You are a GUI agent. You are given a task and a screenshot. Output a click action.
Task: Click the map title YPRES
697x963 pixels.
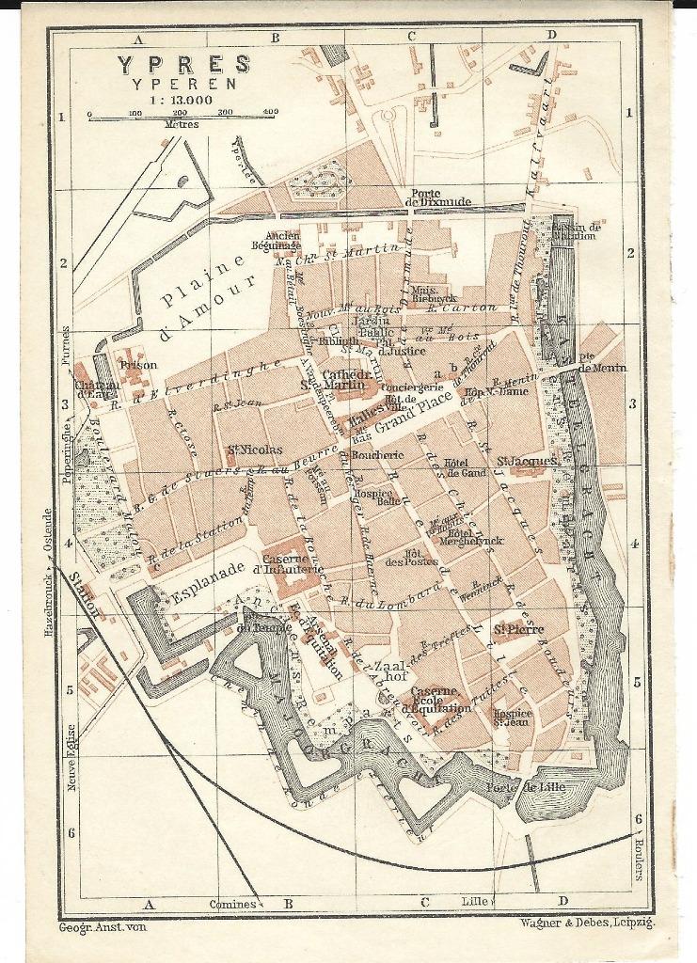[184, 65]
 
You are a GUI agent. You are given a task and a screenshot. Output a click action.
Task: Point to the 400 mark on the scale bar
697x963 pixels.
[270, 112]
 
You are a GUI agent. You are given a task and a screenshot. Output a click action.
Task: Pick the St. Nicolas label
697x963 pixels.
[254, 450]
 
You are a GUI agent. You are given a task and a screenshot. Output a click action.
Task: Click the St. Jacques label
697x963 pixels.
[528, 461]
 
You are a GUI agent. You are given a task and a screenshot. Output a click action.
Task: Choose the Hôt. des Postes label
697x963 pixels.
[422, 558]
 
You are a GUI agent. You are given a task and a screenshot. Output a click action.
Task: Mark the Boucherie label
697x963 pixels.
[377, 455]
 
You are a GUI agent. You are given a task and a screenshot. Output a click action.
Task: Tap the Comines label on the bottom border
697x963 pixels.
[232, 904]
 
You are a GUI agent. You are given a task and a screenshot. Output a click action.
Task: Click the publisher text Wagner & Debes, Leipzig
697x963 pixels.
[586, 923]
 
